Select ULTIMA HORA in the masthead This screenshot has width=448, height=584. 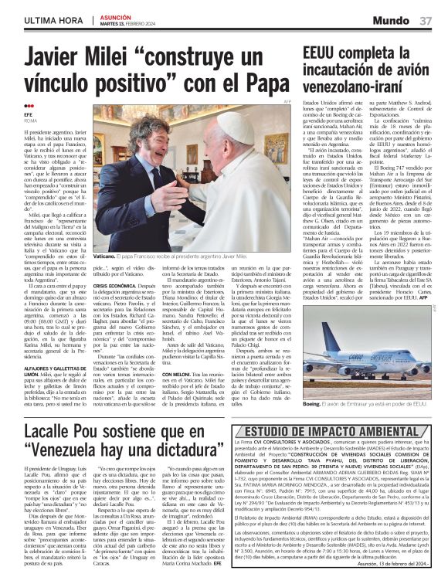(55, 19)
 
